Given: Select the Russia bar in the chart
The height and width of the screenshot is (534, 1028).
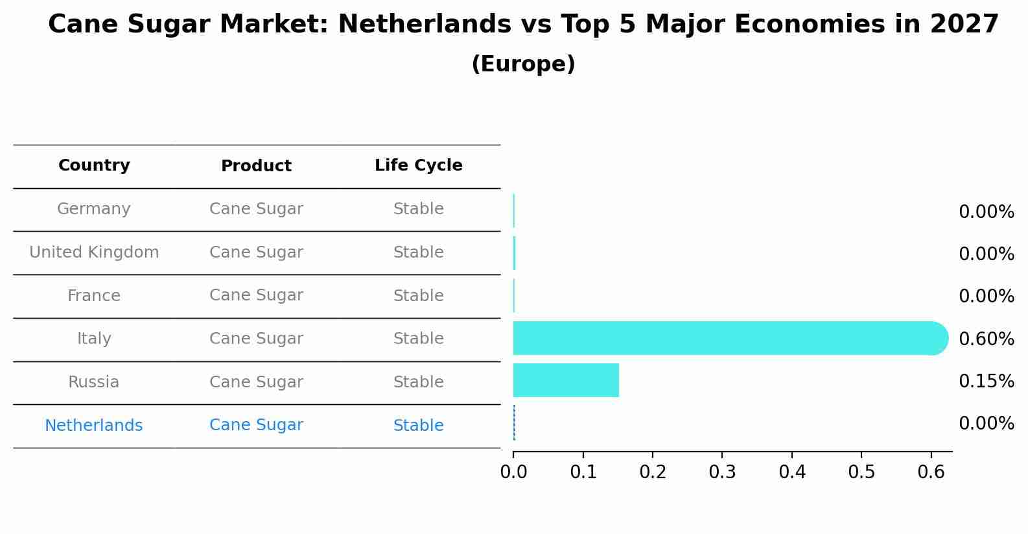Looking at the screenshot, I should pos(566,380).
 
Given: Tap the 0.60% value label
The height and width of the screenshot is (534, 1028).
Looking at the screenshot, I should pos(986,339).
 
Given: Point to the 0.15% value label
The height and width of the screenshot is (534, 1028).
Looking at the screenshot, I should pos(986,381).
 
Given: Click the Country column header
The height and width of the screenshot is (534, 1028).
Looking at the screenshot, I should pos(94,165).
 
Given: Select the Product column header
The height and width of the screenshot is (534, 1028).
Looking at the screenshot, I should pos(256,166).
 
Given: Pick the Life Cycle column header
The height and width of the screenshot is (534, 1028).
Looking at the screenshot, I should pos(418,165).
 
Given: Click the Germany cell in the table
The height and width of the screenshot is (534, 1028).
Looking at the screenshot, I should pos(94,209).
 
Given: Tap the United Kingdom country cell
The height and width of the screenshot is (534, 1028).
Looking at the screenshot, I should pos(94,252).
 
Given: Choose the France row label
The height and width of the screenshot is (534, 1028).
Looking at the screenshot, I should pos(94,296).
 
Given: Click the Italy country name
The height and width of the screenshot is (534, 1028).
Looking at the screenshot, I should pos(94,339).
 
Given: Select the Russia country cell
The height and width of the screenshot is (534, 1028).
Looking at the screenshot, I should pos(94,382).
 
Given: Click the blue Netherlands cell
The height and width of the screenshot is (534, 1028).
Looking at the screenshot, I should pos(94,426).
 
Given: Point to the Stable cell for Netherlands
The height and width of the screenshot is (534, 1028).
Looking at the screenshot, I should pos(418,426).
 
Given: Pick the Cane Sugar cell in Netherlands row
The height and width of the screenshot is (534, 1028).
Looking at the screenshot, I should pos(256,425).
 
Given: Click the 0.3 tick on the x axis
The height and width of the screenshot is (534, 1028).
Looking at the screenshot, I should pos(722,472).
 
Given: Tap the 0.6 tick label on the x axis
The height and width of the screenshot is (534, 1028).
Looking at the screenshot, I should pos(931,472).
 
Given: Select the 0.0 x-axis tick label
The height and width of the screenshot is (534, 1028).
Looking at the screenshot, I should pos(513,472).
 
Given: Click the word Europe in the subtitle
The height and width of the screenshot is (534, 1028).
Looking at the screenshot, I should pos(523,64).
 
